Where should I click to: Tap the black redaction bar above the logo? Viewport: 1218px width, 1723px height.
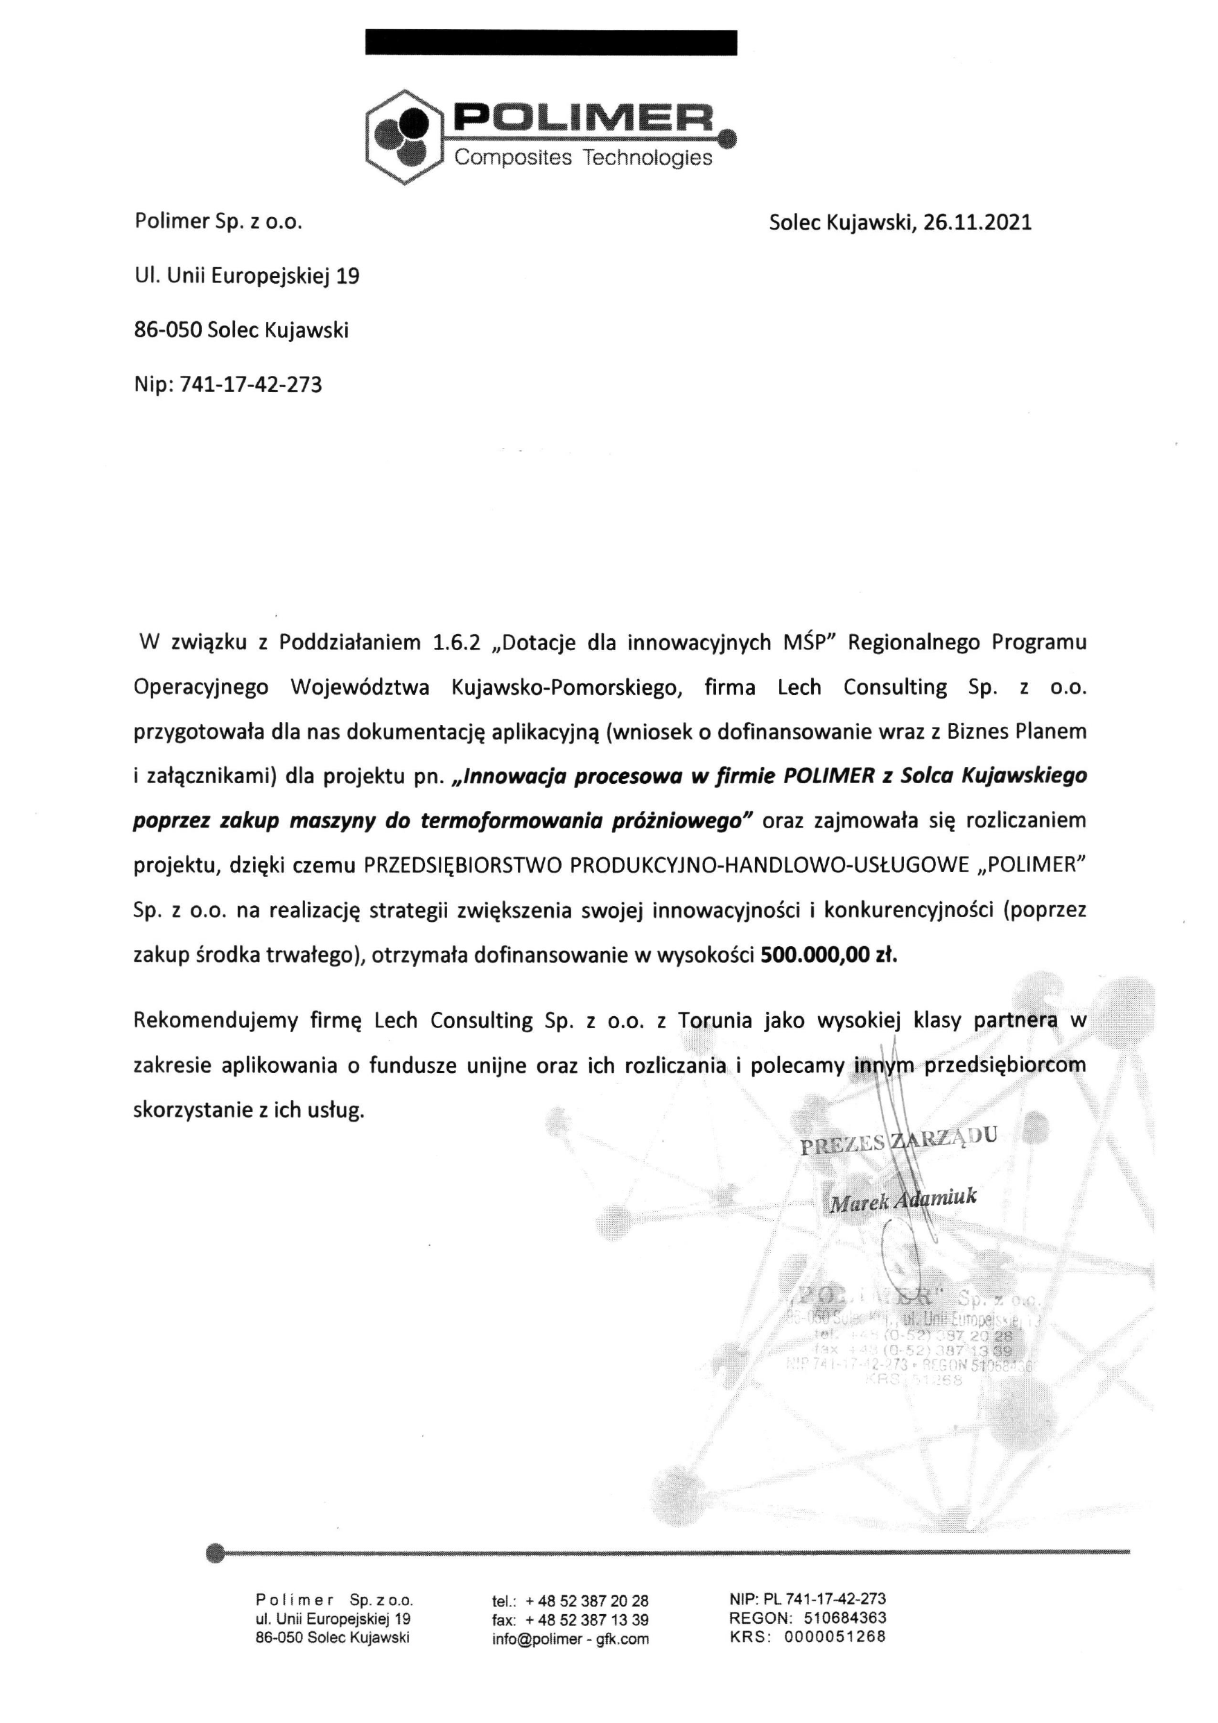[550, 43]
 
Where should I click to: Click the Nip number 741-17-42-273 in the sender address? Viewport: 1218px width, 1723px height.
[251, 385]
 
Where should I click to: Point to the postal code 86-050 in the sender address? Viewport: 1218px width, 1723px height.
[168, 330]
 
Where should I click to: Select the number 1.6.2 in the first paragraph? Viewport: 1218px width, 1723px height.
[460, 642]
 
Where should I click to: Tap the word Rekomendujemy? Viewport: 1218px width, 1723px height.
[216, 1020]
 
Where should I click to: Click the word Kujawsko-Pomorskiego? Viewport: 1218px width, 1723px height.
[567, 687]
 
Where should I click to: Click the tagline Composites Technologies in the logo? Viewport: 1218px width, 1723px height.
[584, 157]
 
